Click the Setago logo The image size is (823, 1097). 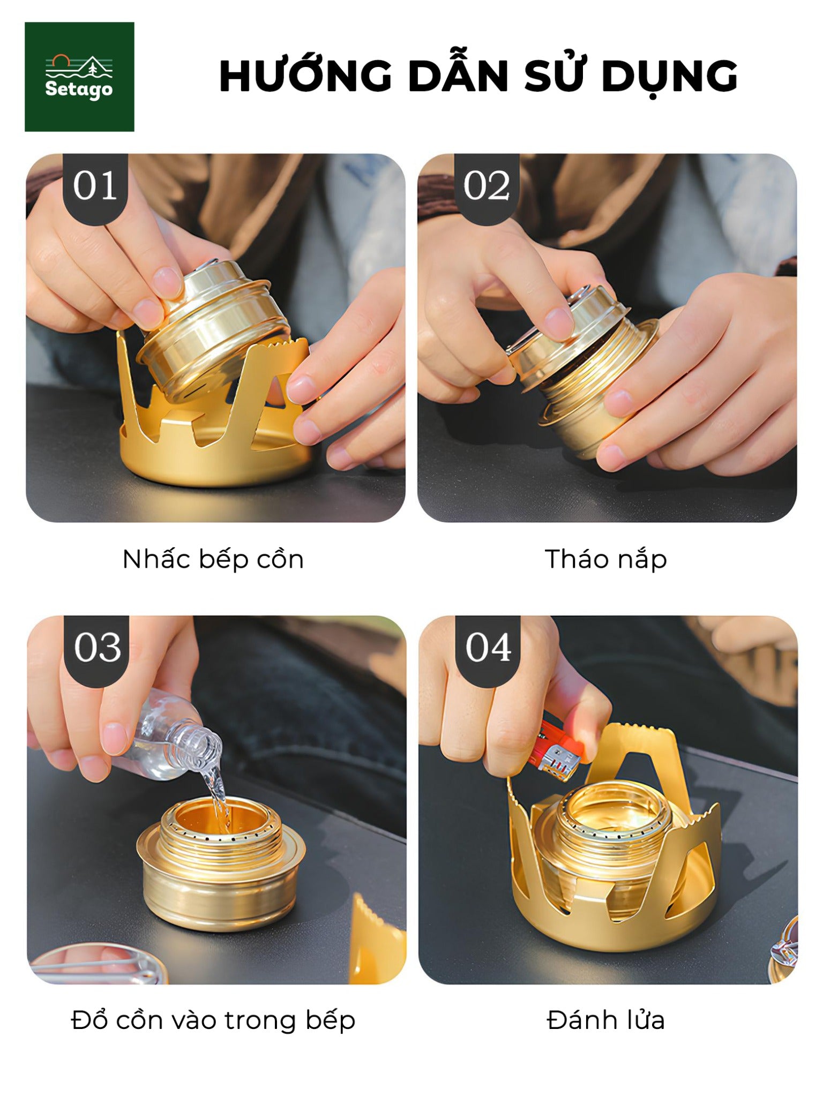(79, 77)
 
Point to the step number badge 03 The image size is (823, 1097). (97, 648)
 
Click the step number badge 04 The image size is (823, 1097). (488, 648)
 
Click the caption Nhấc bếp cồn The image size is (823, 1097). (213, 559)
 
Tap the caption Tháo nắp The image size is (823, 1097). (605, 559)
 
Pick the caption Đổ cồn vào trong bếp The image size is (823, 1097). (213, 1020)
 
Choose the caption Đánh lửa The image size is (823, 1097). (605, 1020)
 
